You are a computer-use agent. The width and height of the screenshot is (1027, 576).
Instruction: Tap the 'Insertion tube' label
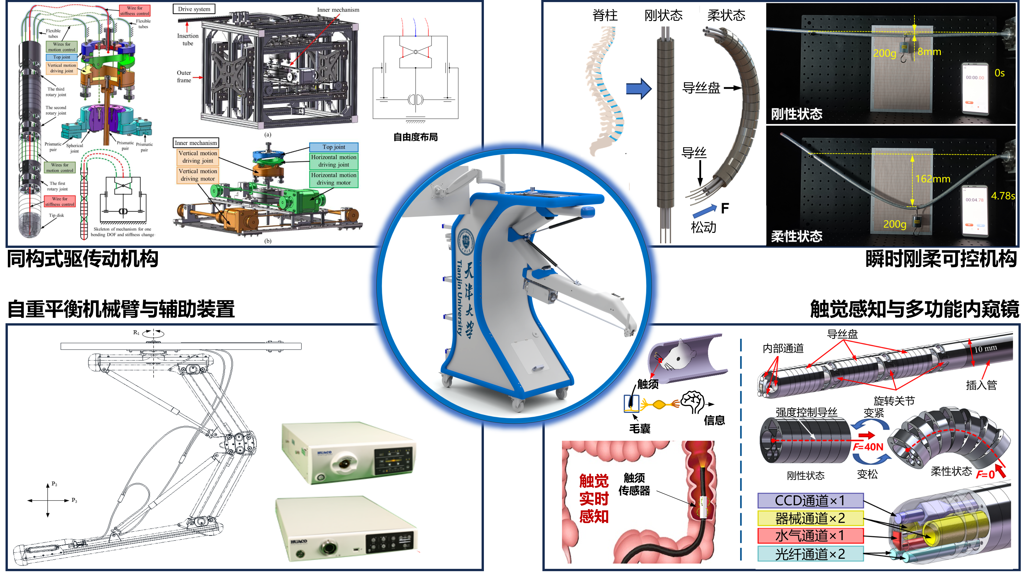(x=187, y=39)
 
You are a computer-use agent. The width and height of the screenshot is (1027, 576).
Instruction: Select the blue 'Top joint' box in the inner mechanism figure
(x=334, y=147)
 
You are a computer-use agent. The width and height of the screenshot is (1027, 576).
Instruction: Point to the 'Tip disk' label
(x=56, y=215)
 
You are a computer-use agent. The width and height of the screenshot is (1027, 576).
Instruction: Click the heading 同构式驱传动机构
(x=82, y=259)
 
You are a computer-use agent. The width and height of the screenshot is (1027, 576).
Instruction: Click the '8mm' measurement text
(x=929, y=52)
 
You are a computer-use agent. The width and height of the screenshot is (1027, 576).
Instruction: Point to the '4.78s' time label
(x=1003, y=196)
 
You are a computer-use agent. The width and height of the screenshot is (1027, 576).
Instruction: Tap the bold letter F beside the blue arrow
(x=725, y=208)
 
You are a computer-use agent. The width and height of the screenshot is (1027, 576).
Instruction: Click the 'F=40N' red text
(x=868, y=447)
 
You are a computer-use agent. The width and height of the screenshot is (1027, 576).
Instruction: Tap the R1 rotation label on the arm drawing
(x=136, y=332)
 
